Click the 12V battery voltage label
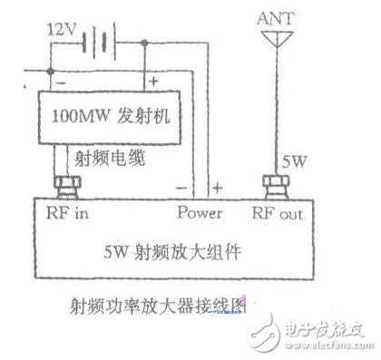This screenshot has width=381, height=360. click(61, 29)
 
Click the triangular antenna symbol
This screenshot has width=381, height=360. click(272, 40)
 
